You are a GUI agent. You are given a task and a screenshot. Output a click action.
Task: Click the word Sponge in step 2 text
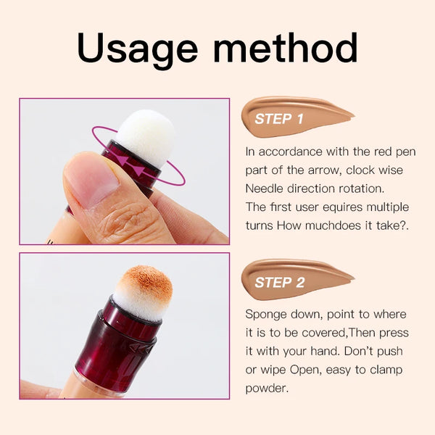266,314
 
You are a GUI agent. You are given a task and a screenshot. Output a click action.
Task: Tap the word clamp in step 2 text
376,370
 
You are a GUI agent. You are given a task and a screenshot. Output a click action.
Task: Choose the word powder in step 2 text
267,388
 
